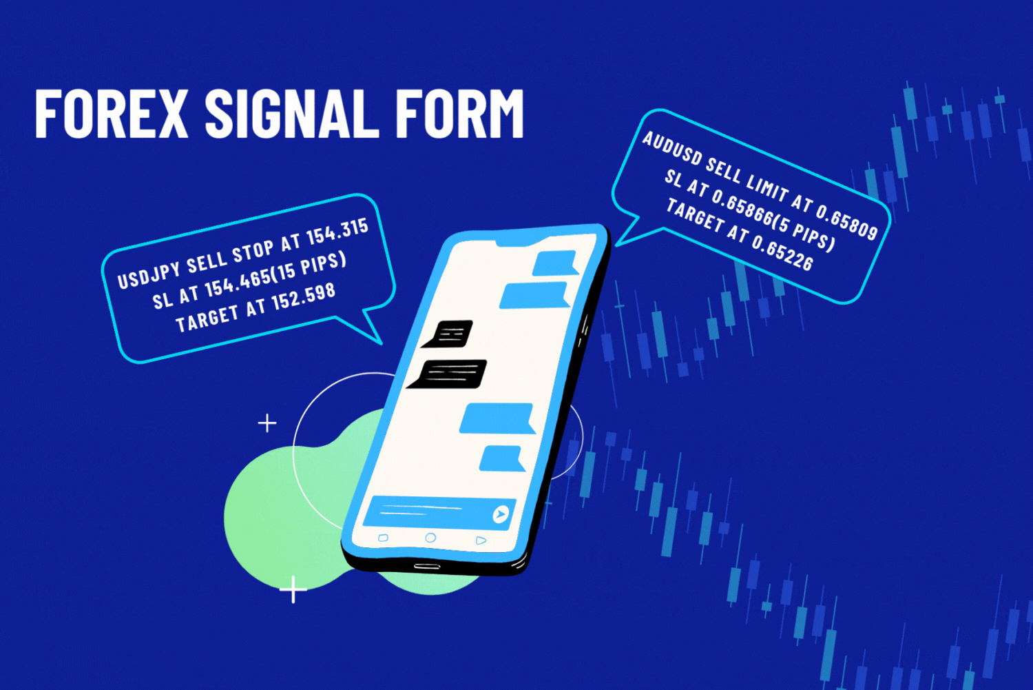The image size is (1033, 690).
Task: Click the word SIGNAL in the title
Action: click(x=291, y=114)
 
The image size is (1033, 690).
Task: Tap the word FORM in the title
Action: click(x=459, y=114)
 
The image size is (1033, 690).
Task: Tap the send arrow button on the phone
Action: click(x=501, y=514)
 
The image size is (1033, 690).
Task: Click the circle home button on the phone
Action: click(x=430, y=538)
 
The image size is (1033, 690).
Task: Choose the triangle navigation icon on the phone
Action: click(x=481, y=540)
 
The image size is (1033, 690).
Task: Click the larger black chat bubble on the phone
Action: click(x=449, y=374)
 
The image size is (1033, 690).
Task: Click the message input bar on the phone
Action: click(x=427, y=511)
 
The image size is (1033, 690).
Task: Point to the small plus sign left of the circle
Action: click(x=267, y=423)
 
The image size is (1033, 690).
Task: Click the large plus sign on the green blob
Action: click(x=293, y=589)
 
